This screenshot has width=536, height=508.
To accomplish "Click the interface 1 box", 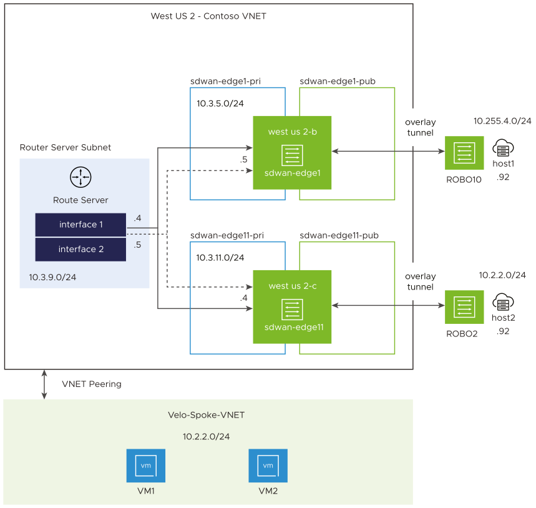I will [x=80, y=225].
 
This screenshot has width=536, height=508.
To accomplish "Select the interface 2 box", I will [x=80, y=249].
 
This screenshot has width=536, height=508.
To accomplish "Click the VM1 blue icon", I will [x=145, y=466].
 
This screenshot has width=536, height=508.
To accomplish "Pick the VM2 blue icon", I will [x=268, y=466].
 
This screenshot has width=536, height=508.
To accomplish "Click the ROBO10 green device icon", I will [x=464, y=153].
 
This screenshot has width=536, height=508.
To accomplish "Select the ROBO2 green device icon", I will [x=464, y=307].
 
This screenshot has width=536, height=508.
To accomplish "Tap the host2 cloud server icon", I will [x=503, y=303].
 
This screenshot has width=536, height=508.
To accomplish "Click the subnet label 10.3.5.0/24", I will [x=220, y=104].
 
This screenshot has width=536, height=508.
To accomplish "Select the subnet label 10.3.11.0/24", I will [x=220, y=257].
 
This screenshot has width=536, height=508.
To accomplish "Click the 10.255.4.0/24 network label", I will [x=502, y=121].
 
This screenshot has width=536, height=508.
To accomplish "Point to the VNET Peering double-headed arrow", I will [x=44, y=384].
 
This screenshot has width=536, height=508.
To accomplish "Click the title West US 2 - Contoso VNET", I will [x=208, y=16].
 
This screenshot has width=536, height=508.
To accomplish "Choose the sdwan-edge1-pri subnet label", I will [x=226, y=81].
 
